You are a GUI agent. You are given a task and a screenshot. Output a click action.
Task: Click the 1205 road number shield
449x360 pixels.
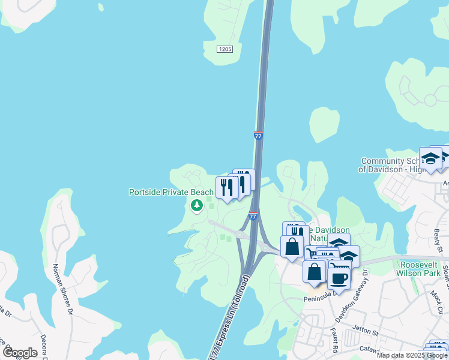tap(224, 49)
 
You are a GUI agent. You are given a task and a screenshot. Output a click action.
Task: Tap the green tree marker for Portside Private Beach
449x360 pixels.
tap(196, 206)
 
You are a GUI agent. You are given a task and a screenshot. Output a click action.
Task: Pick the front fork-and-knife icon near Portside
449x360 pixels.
tap(226, 188)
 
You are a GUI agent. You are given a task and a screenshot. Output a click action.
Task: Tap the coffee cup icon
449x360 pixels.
tap(339, 278)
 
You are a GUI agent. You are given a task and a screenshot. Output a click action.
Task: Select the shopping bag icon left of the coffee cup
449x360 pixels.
tap(315, 271)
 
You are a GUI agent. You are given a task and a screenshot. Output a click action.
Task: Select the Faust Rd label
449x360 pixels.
tap(331, 340)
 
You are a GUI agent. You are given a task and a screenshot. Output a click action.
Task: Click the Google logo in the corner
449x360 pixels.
tap(20, 352)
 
